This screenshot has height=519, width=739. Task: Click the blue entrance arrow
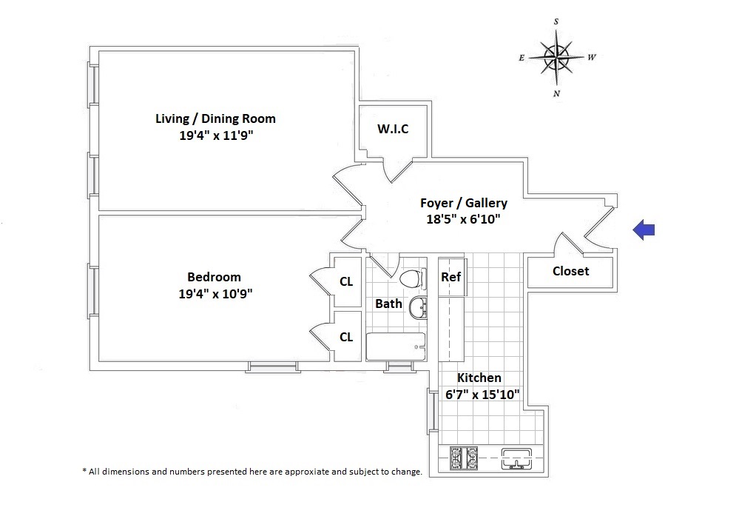[644, 230]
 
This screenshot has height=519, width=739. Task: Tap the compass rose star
[556, 58]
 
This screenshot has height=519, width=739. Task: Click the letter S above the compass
[556, 21]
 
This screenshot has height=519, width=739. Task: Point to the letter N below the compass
[556, 93]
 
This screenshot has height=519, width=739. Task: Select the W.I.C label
[393, 129]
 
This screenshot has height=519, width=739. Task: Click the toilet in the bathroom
[413, 278]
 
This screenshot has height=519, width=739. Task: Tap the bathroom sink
[418, 309]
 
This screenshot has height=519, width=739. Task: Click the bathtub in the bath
[396, 346]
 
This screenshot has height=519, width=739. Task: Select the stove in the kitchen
[464, 458]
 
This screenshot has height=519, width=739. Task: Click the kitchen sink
[516, 458]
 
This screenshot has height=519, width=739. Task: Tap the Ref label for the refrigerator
[451, 277]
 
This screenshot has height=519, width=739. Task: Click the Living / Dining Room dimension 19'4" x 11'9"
[216, 135]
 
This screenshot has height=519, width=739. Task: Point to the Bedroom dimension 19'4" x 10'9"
[215, 294]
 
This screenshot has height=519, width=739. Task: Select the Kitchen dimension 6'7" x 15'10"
[482, 395]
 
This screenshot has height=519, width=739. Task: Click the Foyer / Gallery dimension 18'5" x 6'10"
[463, 219]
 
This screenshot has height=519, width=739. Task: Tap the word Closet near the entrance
[571, 271]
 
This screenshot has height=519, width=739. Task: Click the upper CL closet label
[346, 281]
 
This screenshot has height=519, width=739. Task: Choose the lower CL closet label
[346, 337]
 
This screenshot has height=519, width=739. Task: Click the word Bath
[388, 304]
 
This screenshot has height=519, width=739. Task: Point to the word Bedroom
[214, 277]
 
